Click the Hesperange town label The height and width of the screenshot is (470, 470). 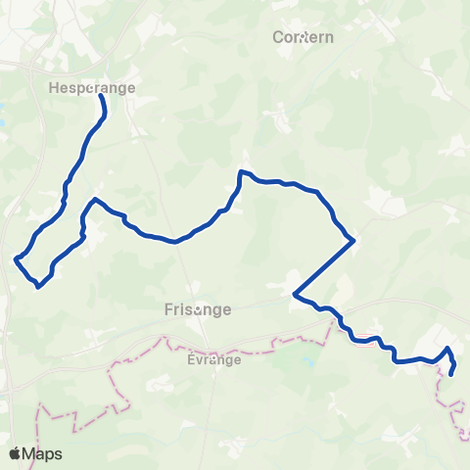[x=90, y=87]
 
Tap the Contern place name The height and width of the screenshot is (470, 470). [x=304, y=37]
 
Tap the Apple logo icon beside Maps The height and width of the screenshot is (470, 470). [x=15, y=452]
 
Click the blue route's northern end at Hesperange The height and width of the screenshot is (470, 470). [x=101, y=96]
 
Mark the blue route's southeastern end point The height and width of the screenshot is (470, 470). [x=451, y=373]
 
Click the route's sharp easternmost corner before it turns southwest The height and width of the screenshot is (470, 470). [x=352, y=240]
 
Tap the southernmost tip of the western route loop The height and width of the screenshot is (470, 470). [x=37, y=287]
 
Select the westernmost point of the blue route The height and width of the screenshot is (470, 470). [x=16, y=259]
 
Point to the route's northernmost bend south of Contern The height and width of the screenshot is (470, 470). [x=241, y=172]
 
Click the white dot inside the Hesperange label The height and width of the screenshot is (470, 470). [x=91, y=88]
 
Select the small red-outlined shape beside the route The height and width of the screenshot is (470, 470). [x=363, y=341]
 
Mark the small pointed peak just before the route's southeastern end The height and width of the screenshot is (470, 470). [x=447, y=349]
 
